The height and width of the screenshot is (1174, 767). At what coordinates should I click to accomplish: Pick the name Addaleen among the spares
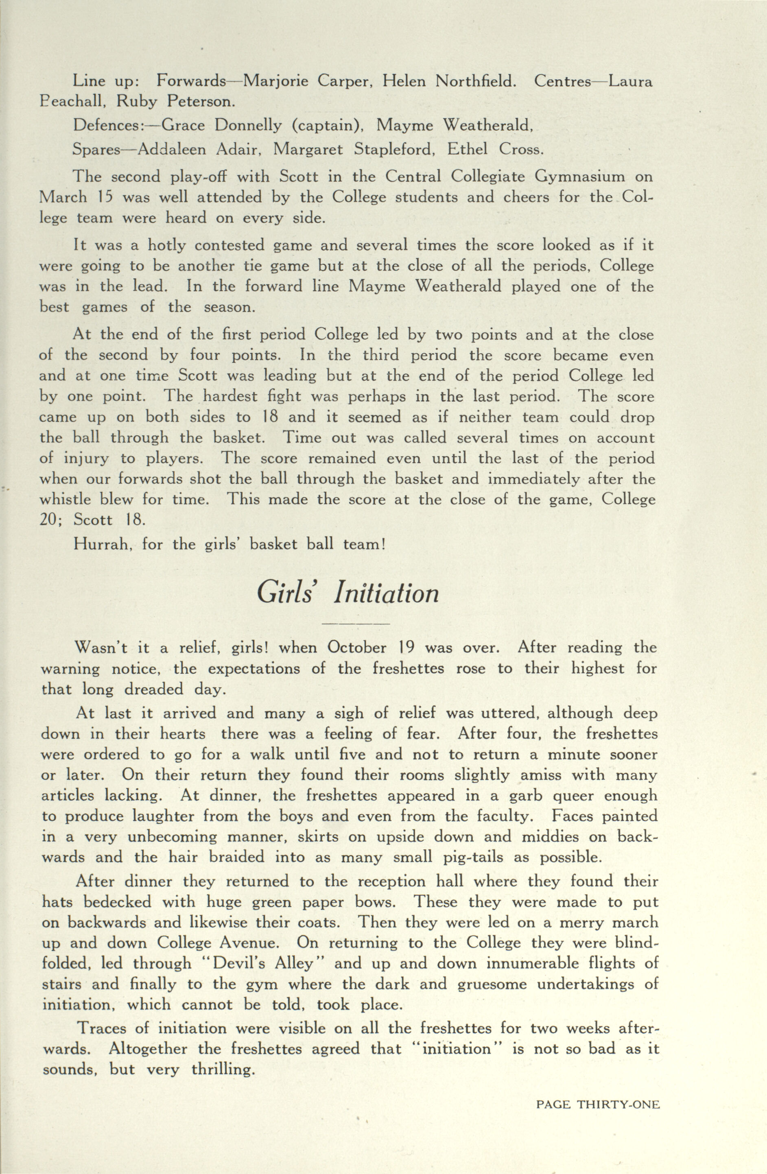171,149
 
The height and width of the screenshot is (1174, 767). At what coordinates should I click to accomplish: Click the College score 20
49,520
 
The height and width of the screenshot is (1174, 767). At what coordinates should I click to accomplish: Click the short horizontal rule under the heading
355,624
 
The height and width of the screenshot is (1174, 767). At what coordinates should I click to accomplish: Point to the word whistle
65,499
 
